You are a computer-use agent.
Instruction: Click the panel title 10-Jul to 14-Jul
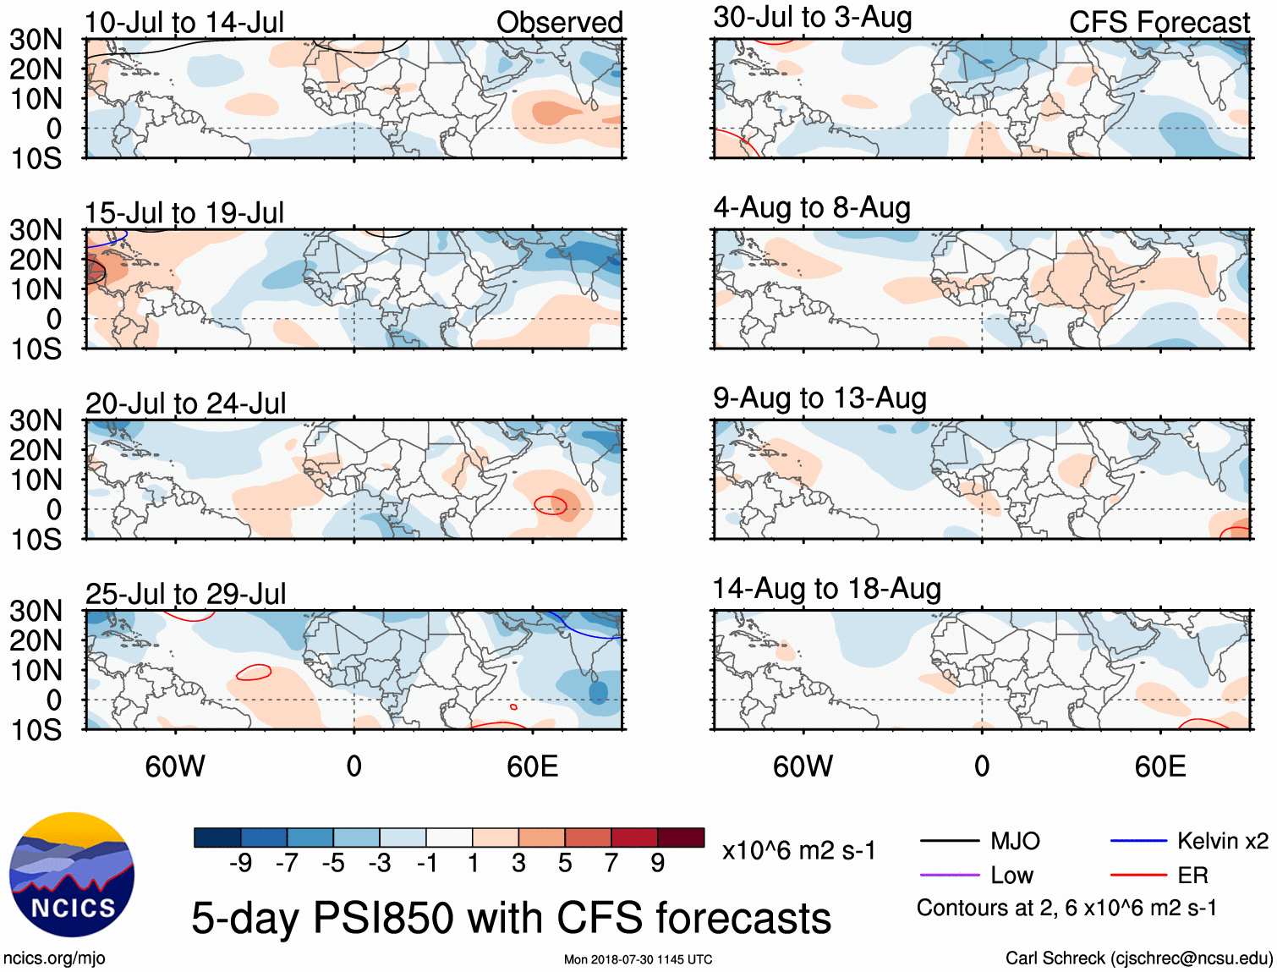pos(184,22)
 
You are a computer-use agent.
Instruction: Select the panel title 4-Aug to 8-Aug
pos(812,207)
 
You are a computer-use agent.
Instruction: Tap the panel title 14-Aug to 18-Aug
pos(826,588)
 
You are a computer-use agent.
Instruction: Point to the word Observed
pos(559,22)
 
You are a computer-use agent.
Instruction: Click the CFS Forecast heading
pos(1159,22)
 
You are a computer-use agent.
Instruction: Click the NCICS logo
pos(72,875)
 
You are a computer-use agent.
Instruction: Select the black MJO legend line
pos(950,841)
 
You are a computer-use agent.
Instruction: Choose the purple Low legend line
pos(950,875)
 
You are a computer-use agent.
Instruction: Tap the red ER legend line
pos(1138,875)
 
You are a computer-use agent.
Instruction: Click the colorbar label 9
pos(658,863)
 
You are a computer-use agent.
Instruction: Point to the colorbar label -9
pos(241,863)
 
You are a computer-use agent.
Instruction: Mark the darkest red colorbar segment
pos(681,837)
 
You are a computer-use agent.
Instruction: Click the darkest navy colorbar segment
pos(217,837)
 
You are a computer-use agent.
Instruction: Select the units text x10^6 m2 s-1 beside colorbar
pos(798,850)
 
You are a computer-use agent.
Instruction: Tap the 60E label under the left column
pos(533,766)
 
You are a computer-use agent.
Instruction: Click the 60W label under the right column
pos(803,766)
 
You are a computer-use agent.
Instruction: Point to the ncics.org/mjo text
pos(54,958)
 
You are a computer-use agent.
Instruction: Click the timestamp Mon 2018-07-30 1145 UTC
pos(638,959)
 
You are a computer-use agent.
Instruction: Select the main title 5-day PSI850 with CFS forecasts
pos(511,918)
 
